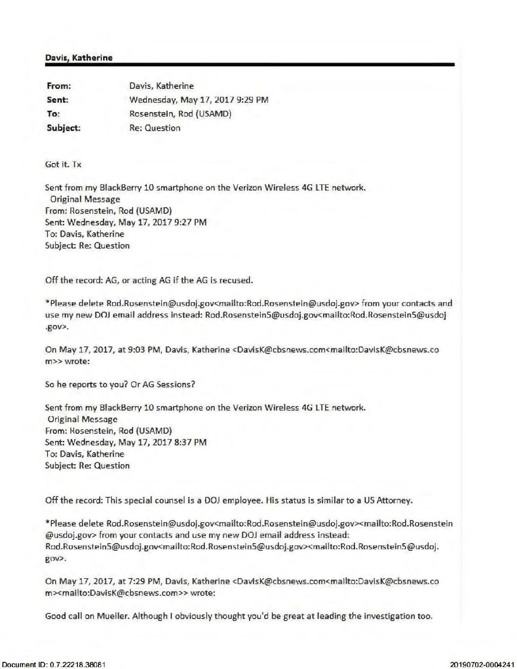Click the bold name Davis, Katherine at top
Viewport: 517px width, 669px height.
(x=79, y=58)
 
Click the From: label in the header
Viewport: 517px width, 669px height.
(x=58, y=86)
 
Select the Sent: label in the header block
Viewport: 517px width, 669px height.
(x=57, y=100)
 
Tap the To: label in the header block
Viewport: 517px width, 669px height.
(x=53, y=114)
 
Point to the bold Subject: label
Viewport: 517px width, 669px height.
(x=64, y=128)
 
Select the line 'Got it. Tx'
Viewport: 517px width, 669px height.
(x=63, y=164)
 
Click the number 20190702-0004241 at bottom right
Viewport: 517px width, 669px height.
(x=482, y=664)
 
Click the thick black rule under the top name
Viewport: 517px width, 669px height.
(x=249, y=65)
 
